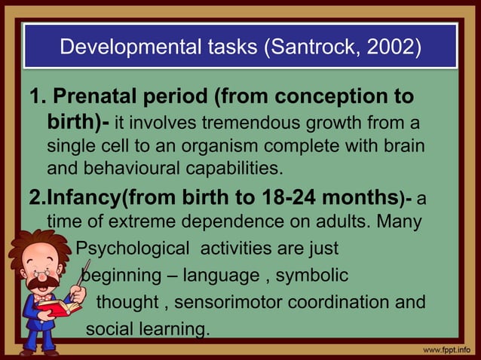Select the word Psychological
133,248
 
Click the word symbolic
311,275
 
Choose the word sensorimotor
247,302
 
